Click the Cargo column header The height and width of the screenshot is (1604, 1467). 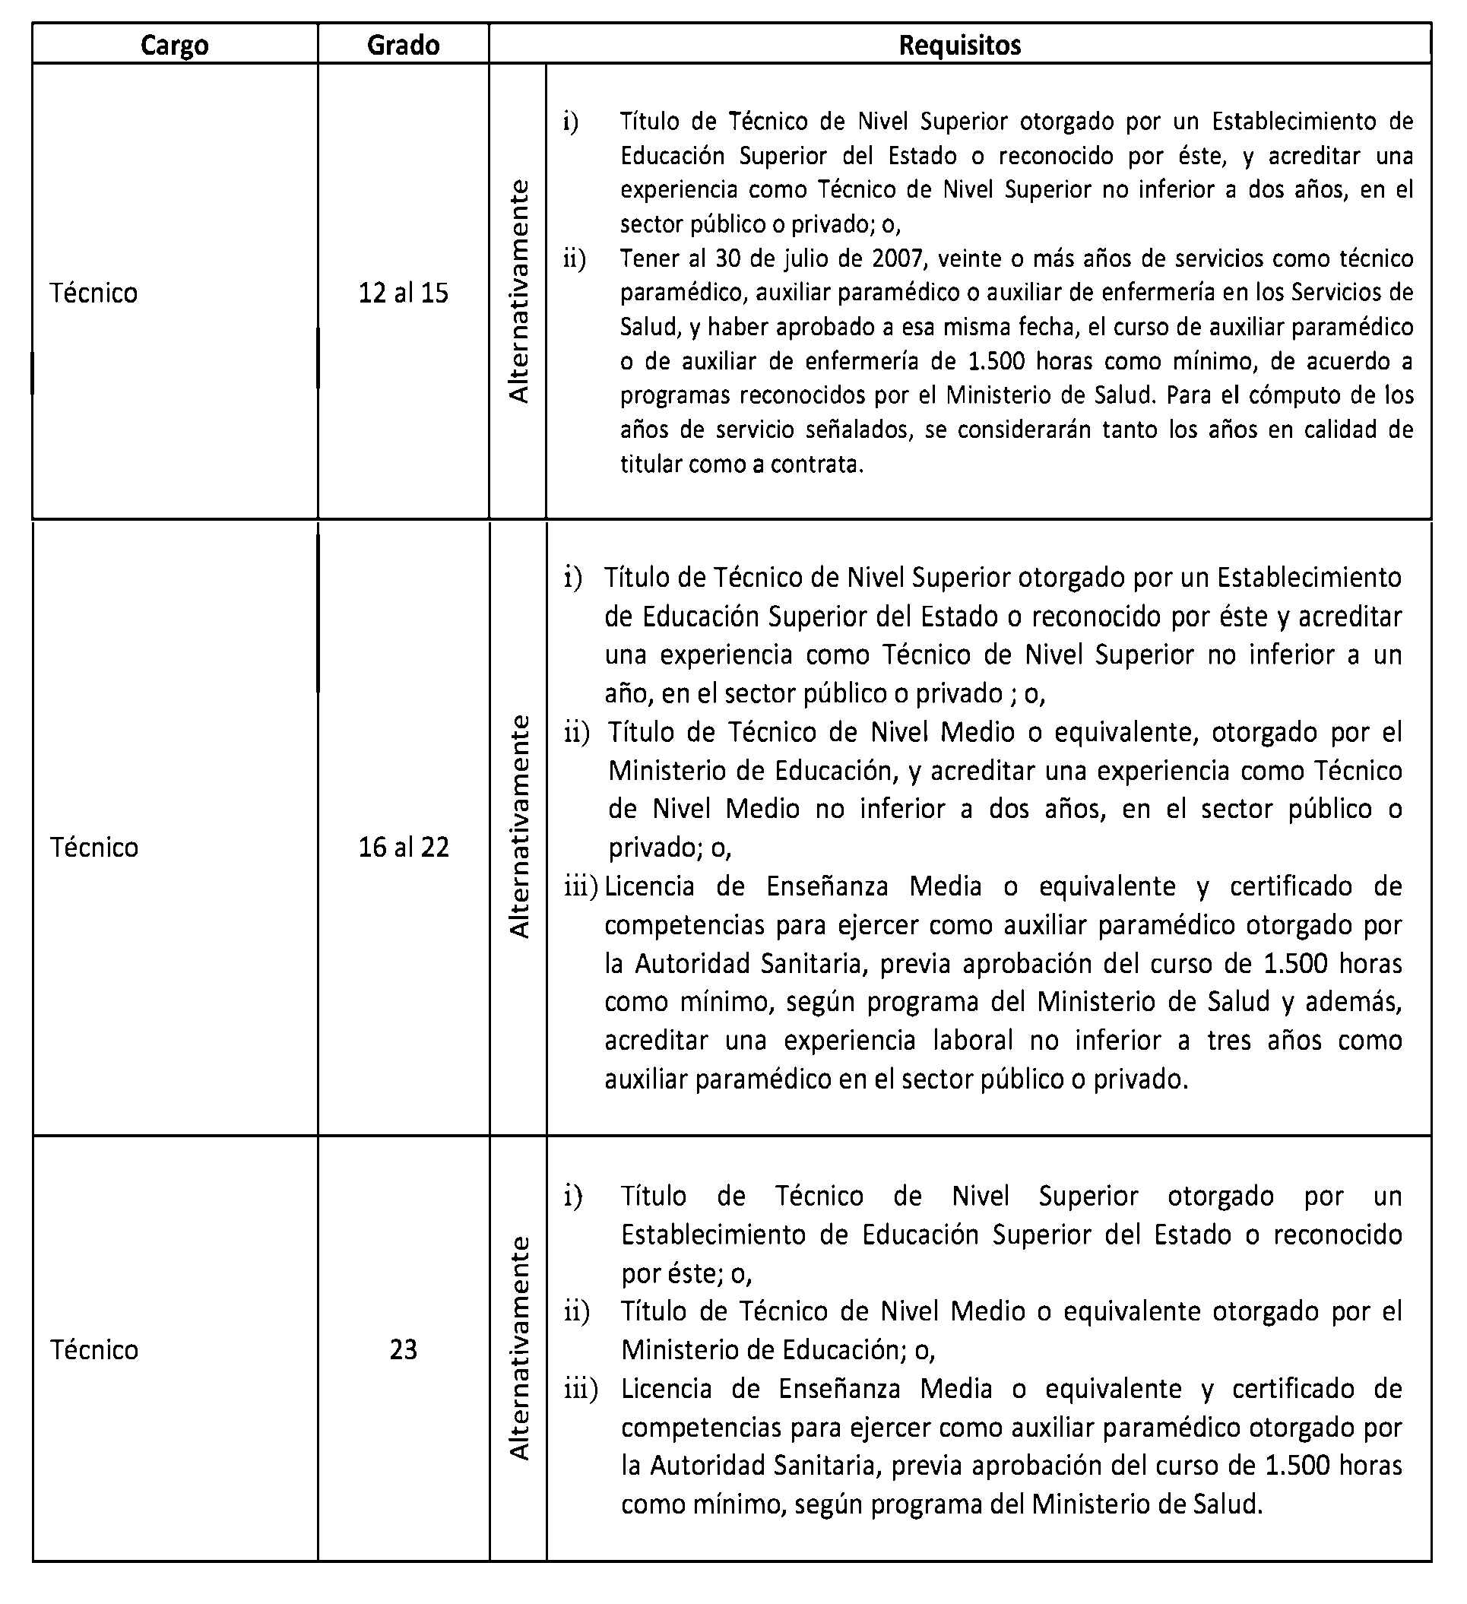pos(174,45)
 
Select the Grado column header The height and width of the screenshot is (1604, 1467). pos(403,45)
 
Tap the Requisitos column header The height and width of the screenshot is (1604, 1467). pos(959,45)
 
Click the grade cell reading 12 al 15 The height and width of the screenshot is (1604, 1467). pos(403,293)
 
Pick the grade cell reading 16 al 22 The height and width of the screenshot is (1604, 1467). pos(404,848)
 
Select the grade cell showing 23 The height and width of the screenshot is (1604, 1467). pos(403,1349)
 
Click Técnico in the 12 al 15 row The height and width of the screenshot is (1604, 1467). pos(94,293)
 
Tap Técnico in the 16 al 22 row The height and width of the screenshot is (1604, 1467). pos(94,848)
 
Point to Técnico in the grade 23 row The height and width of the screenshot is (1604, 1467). pos(94,1349)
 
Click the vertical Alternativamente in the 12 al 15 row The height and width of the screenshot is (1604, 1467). pos(518,291)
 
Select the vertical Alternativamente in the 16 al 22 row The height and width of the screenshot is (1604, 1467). pos(518,826)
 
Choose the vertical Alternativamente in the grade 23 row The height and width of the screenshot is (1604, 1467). pos(518,1348)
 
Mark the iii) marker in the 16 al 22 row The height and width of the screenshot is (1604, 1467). pos(581,886)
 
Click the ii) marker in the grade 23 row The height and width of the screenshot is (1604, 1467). pos(577,1311)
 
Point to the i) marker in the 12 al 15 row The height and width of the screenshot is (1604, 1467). pos(570,122)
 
